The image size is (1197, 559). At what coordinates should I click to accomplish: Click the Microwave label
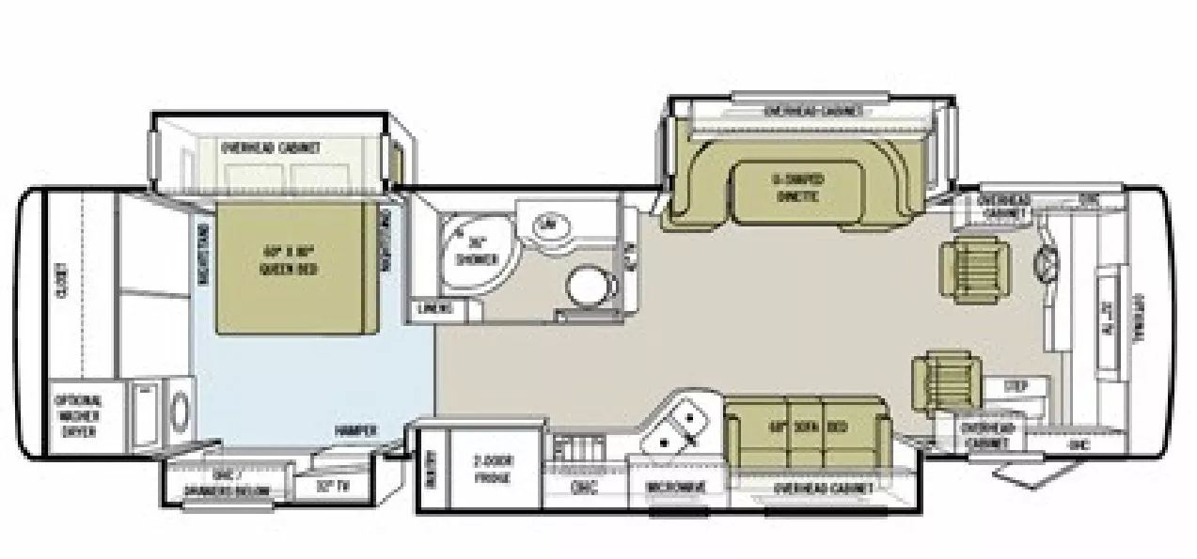click(x=675, y=487)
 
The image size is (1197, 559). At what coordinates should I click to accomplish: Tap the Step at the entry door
click(x=1016, y=386)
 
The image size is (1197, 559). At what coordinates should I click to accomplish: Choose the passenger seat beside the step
click(x=945, y=379)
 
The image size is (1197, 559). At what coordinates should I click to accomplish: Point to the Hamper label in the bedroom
click(x=356, y=430)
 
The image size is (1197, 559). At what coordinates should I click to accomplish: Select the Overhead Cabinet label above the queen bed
click(x=271, y=148)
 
